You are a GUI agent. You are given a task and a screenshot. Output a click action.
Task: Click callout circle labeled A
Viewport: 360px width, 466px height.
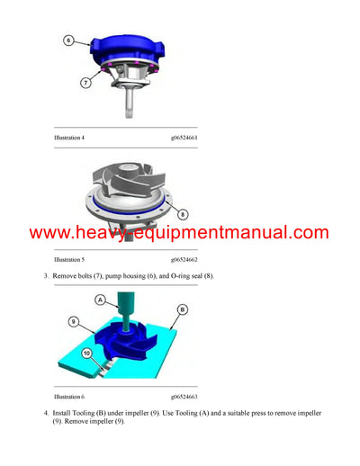(101, 300)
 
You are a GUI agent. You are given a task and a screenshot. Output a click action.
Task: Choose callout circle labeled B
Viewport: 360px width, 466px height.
(182, 309)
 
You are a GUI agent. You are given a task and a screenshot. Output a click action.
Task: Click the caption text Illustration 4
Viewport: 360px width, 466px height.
(69, 138)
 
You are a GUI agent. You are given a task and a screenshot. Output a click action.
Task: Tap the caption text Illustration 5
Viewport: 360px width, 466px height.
(69, 259)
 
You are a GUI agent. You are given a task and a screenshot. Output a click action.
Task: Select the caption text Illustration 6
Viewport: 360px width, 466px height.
(69, 396)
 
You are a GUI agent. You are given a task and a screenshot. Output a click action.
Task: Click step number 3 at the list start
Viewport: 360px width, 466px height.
(46, 274)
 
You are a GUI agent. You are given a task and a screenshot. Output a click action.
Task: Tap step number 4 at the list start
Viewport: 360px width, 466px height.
(46, 412)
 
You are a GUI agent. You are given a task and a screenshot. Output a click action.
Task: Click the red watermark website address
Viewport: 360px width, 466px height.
(179, 233)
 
